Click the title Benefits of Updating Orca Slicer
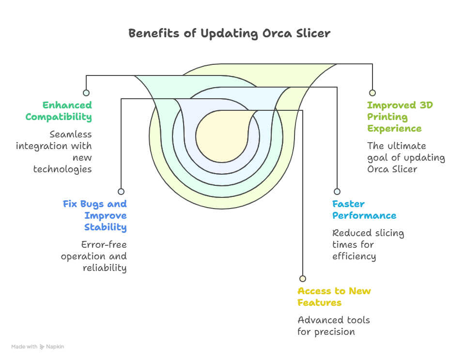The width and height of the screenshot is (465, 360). (229, 33)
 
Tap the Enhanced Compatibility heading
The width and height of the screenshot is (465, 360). (59, 111)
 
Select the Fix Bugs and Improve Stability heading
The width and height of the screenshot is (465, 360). (95, 216)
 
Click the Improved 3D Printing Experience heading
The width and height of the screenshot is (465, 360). (400, 117)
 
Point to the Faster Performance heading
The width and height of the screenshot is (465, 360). (364, 210)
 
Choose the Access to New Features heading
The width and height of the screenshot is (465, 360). (334, 297)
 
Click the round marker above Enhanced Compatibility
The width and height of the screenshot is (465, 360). (86, 93)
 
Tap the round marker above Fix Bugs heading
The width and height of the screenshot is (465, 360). (121, 192)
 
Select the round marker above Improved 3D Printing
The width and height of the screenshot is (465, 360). (372, 93)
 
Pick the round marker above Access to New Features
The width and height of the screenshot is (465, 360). (303, 279)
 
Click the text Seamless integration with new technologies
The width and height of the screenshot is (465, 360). (54, 152)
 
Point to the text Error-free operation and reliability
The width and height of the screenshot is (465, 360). (94, 256)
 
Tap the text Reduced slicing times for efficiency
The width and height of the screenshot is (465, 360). (368, 245)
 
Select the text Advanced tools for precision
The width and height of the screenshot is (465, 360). (333, 326)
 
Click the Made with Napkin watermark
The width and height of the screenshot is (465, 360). (38, 347)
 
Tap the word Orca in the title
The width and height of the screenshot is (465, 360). (278, 33)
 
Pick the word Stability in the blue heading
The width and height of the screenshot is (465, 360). (106, 227)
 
